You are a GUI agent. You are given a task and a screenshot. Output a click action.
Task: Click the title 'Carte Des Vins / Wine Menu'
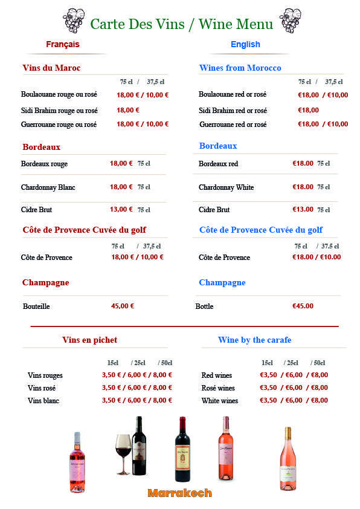point(181,24)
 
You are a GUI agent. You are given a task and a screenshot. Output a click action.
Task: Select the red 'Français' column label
point(63,44)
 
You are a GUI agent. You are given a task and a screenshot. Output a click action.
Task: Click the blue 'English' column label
point(245,44)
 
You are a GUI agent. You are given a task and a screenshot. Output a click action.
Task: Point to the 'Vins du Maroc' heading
point(51,68)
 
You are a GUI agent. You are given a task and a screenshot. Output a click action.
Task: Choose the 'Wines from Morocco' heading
point(240,68)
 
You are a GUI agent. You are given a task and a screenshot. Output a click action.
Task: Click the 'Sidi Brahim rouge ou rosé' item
point(59,111)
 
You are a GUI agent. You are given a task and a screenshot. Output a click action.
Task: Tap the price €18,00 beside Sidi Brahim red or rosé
point(308,110)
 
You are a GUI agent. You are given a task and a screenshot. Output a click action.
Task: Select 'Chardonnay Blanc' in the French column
point(48,187)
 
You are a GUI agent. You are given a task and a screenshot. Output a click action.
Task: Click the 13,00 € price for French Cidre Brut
point(121,209)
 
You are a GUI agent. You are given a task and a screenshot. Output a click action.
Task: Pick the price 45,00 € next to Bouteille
point(123,306)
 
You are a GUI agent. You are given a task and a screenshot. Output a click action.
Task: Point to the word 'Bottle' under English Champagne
point(204,306)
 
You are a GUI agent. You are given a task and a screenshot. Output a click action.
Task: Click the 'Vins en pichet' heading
point(89,340)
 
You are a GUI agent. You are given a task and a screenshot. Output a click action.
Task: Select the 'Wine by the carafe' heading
point(254,340)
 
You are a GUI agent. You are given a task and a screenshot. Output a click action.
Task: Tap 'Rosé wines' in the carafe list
point(218,388)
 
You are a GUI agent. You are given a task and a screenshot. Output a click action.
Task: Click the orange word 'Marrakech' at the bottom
point(179,493)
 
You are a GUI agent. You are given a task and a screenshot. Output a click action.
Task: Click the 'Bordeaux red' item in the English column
point(218,164)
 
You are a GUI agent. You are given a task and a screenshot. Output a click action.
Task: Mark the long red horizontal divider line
point(184,326)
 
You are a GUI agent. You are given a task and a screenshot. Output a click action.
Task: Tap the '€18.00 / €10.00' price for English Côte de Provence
point(317,257)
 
